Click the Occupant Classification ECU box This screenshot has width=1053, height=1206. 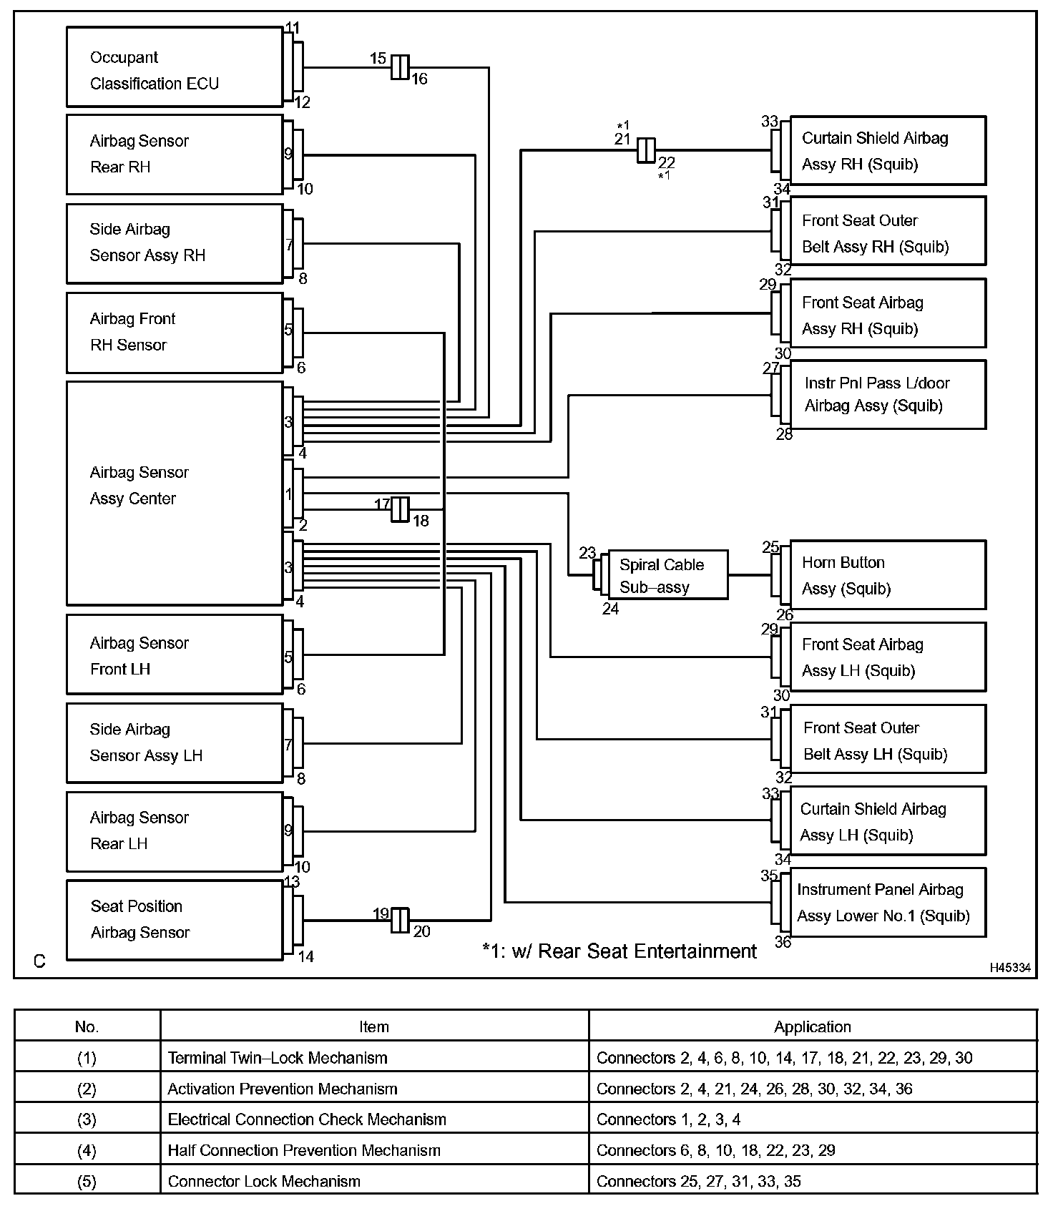[175, 67]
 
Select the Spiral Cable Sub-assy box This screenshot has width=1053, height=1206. [667, 575]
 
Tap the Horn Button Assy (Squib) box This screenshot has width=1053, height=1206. [887, 575]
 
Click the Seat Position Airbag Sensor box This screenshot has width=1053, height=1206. [175, 920]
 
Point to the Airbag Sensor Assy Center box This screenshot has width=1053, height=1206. [175, 494]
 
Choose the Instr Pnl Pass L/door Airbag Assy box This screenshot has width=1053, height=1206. [887, 395]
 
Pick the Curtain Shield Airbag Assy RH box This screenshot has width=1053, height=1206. [887, 151]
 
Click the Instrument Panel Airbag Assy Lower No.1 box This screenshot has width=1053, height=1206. [887, 903]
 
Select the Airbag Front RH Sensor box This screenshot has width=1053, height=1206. [175, 333]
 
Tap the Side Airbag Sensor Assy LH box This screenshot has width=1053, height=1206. [175, 743]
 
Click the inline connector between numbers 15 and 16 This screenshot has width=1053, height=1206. [400, 67]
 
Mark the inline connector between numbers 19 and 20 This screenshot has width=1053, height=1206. [400, 920]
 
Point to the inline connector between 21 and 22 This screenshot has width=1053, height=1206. [645, 150]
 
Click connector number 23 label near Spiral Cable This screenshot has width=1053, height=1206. [587, 553]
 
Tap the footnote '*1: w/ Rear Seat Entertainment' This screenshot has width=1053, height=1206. [619, 951]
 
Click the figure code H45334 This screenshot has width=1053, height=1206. [1010, 968]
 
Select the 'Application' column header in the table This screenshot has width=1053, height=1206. [812, 1027]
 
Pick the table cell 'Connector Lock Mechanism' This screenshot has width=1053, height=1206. [264, 1181]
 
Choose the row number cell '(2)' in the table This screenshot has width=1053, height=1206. [87, 1089]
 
